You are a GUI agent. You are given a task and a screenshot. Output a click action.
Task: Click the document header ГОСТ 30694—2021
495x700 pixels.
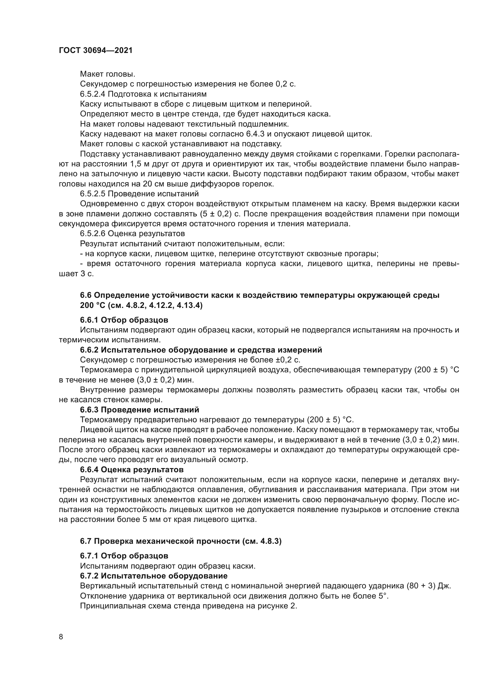(x=96, y=51)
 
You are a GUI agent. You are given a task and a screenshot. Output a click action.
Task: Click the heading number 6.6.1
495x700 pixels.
(x=89, y=320)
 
